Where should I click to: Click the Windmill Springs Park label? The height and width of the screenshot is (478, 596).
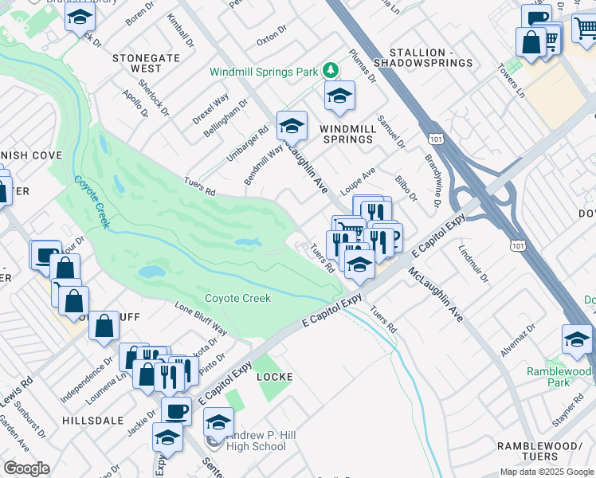tap(263, 72)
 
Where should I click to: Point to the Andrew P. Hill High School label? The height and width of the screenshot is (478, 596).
tap(256, 441)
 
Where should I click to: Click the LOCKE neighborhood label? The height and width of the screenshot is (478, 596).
tap(274, 376)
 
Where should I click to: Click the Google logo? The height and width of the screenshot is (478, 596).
tap(26, 468)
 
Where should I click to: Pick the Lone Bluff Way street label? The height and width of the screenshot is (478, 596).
tap(201, 319)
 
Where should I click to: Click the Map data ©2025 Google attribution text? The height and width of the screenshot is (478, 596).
tap(546, 471)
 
